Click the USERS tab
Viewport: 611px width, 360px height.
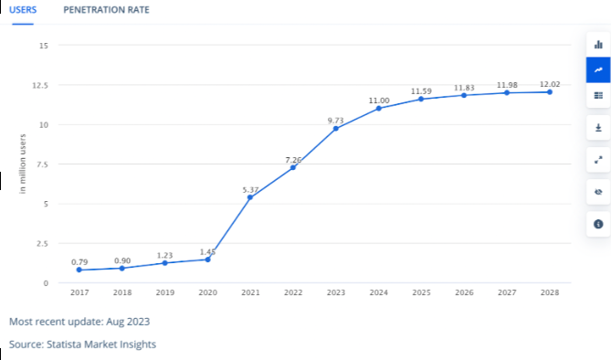[22, 9]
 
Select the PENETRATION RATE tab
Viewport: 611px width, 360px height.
[106, 9]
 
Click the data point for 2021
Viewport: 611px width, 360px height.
[250, 197]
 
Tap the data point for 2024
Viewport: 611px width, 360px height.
[379, 108]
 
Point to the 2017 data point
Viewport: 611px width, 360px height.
[79, 270]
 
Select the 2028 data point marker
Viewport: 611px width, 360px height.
[550, 92]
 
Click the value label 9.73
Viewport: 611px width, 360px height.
[335, 119]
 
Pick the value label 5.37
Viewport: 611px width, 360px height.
[251, 189]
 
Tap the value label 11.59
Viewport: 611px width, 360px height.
[422, 90]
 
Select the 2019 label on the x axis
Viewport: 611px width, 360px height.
[164, 293]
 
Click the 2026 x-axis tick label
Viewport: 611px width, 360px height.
[464, 293]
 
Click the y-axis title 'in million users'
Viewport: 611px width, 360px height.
[23, 164]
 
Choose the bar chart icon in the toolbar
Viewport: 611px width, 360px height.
[598, 44]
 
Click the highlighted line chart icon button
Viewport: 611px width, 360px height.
[598, 69]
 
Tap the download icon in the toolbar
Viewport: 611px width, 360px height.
[598, 128]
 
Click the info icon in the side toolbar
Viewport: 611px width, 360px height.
[598, 224]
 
